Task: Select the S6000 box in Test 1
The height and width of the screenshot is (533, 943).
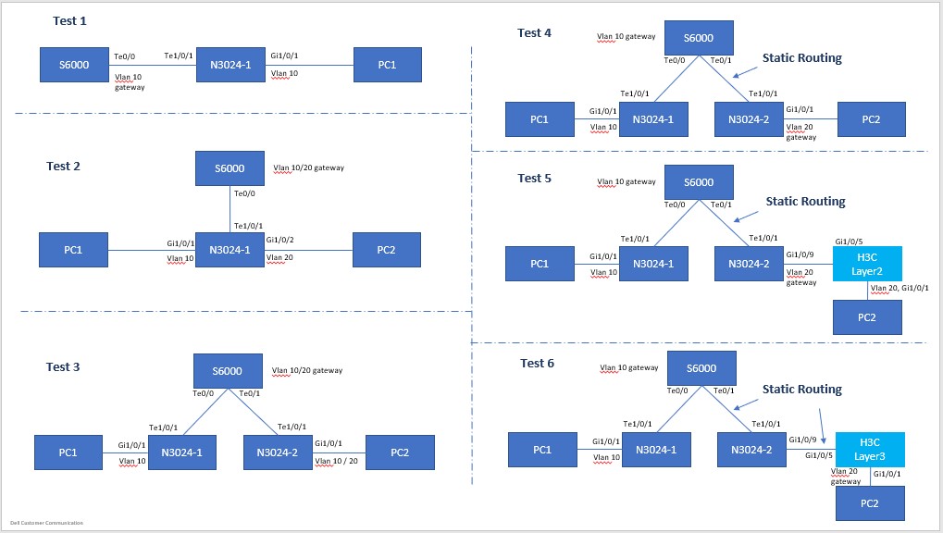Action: coord(74,65)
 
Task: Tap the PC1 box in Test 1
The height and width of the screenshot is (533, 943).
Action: coord(387,65)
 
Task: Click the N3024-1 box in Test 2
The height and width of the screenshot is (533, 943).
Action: coord(230,250)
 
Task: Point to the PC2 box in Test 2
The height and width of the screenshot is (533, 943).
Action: coord(386,250)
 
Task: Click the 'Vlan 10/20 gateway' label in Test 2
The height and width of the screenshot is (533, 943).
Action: coord(308,168)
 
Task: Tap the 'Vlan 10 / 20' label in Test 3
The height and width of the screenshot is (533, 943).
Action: coord(336,460)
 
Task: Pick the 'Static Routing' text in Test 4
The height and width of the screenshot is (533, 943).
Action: coord(801,57)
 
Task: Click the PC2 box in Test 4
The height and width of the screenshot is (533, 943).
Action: coord(871,119)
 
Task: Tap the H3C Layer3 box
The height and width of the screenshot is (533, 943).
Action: coord(869,449)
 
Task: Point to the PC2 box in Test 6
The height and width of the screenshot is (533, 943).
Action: coord(870,503)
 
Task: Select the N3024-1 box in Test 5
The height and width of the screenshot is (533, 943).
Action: coord(653,264)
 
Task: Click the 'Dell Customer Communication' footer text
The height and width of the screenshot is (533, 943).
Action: coord(46,523)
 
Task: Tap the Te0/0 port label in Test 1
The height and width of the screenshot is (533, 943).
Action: coord(124,56)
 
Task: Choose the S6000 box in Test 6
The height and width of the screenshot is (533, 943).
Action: coord(701,368)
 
